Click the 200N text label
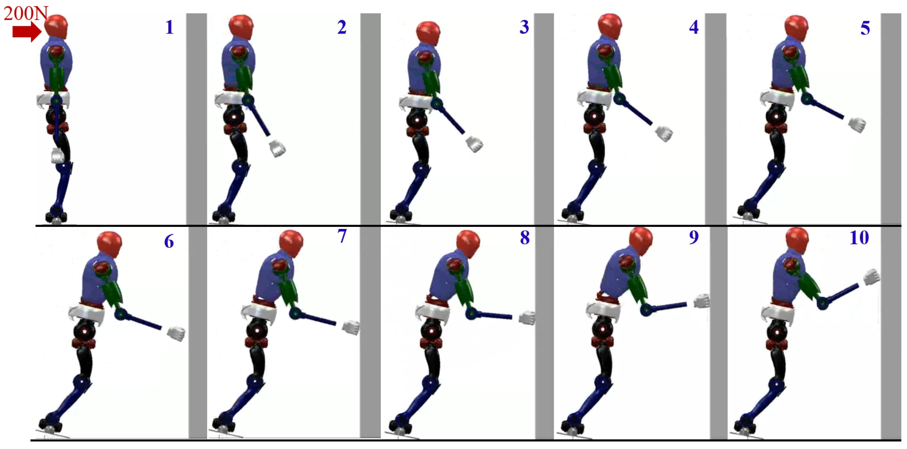click(x=25, y=13)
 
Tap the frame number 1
click(x=169, y=27)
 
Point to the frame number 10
click(x=859, y=238)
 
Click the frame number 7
click(x=342, y=236)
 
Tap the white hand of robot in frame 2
click(x=278, y=148)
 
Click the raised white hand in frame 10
click(x=871, y=276)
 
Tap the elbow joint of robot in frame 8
click(x=471, y=313)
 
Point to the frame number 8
click(x=525, y=238)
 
